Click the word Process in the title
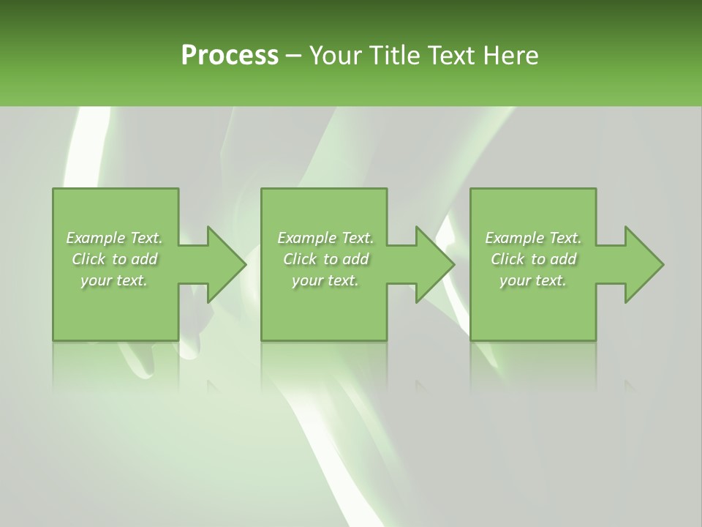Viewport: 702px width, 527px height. click(x=230, y=56)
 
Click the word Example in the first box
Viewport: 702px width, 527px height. click(x=95, y=238)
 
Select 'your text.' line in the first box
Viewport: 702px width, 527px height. click(x=114, y=280)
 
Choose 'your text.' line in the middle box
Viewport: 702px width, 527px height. click(x=325, y=280)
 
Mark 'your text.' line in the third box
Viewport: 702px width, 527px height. click(x=533, y=280)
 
